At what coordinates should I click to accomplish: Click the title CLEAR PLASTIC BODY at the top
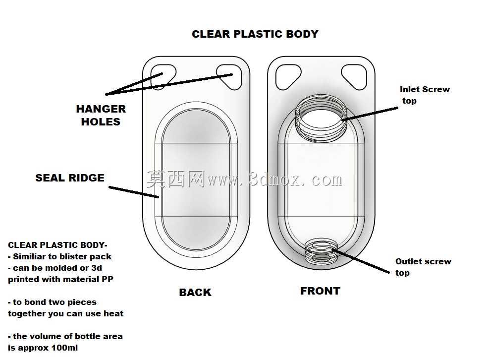coord(255,34)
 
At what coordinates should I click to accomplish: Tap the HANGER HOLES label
coord(101,115)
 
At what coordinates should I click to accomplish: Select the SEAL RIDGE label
coord(70,178)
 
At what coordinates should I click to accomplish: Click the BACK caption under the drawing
coord(195,292)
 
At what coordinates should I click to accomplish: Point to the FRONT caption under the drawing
coord(320,291)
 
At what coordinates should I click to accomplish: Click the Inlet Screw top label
coord(425,95)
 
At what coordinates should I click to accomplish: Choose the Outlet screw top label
coord(423,267)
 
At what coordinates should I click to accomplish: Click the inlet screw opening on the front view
coord(321,119)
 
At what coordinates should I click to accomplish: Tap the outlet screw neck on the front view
coord(321,251)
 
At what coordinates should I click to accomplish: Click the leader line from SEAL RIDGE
coord(134,192)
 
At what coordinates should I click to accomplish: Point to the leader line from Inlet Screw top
coord(370,114)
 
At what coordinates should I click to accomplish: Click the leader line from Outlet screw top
coord(361,261)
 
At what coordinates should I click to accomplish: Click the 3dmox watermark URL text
coord(274,180)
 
